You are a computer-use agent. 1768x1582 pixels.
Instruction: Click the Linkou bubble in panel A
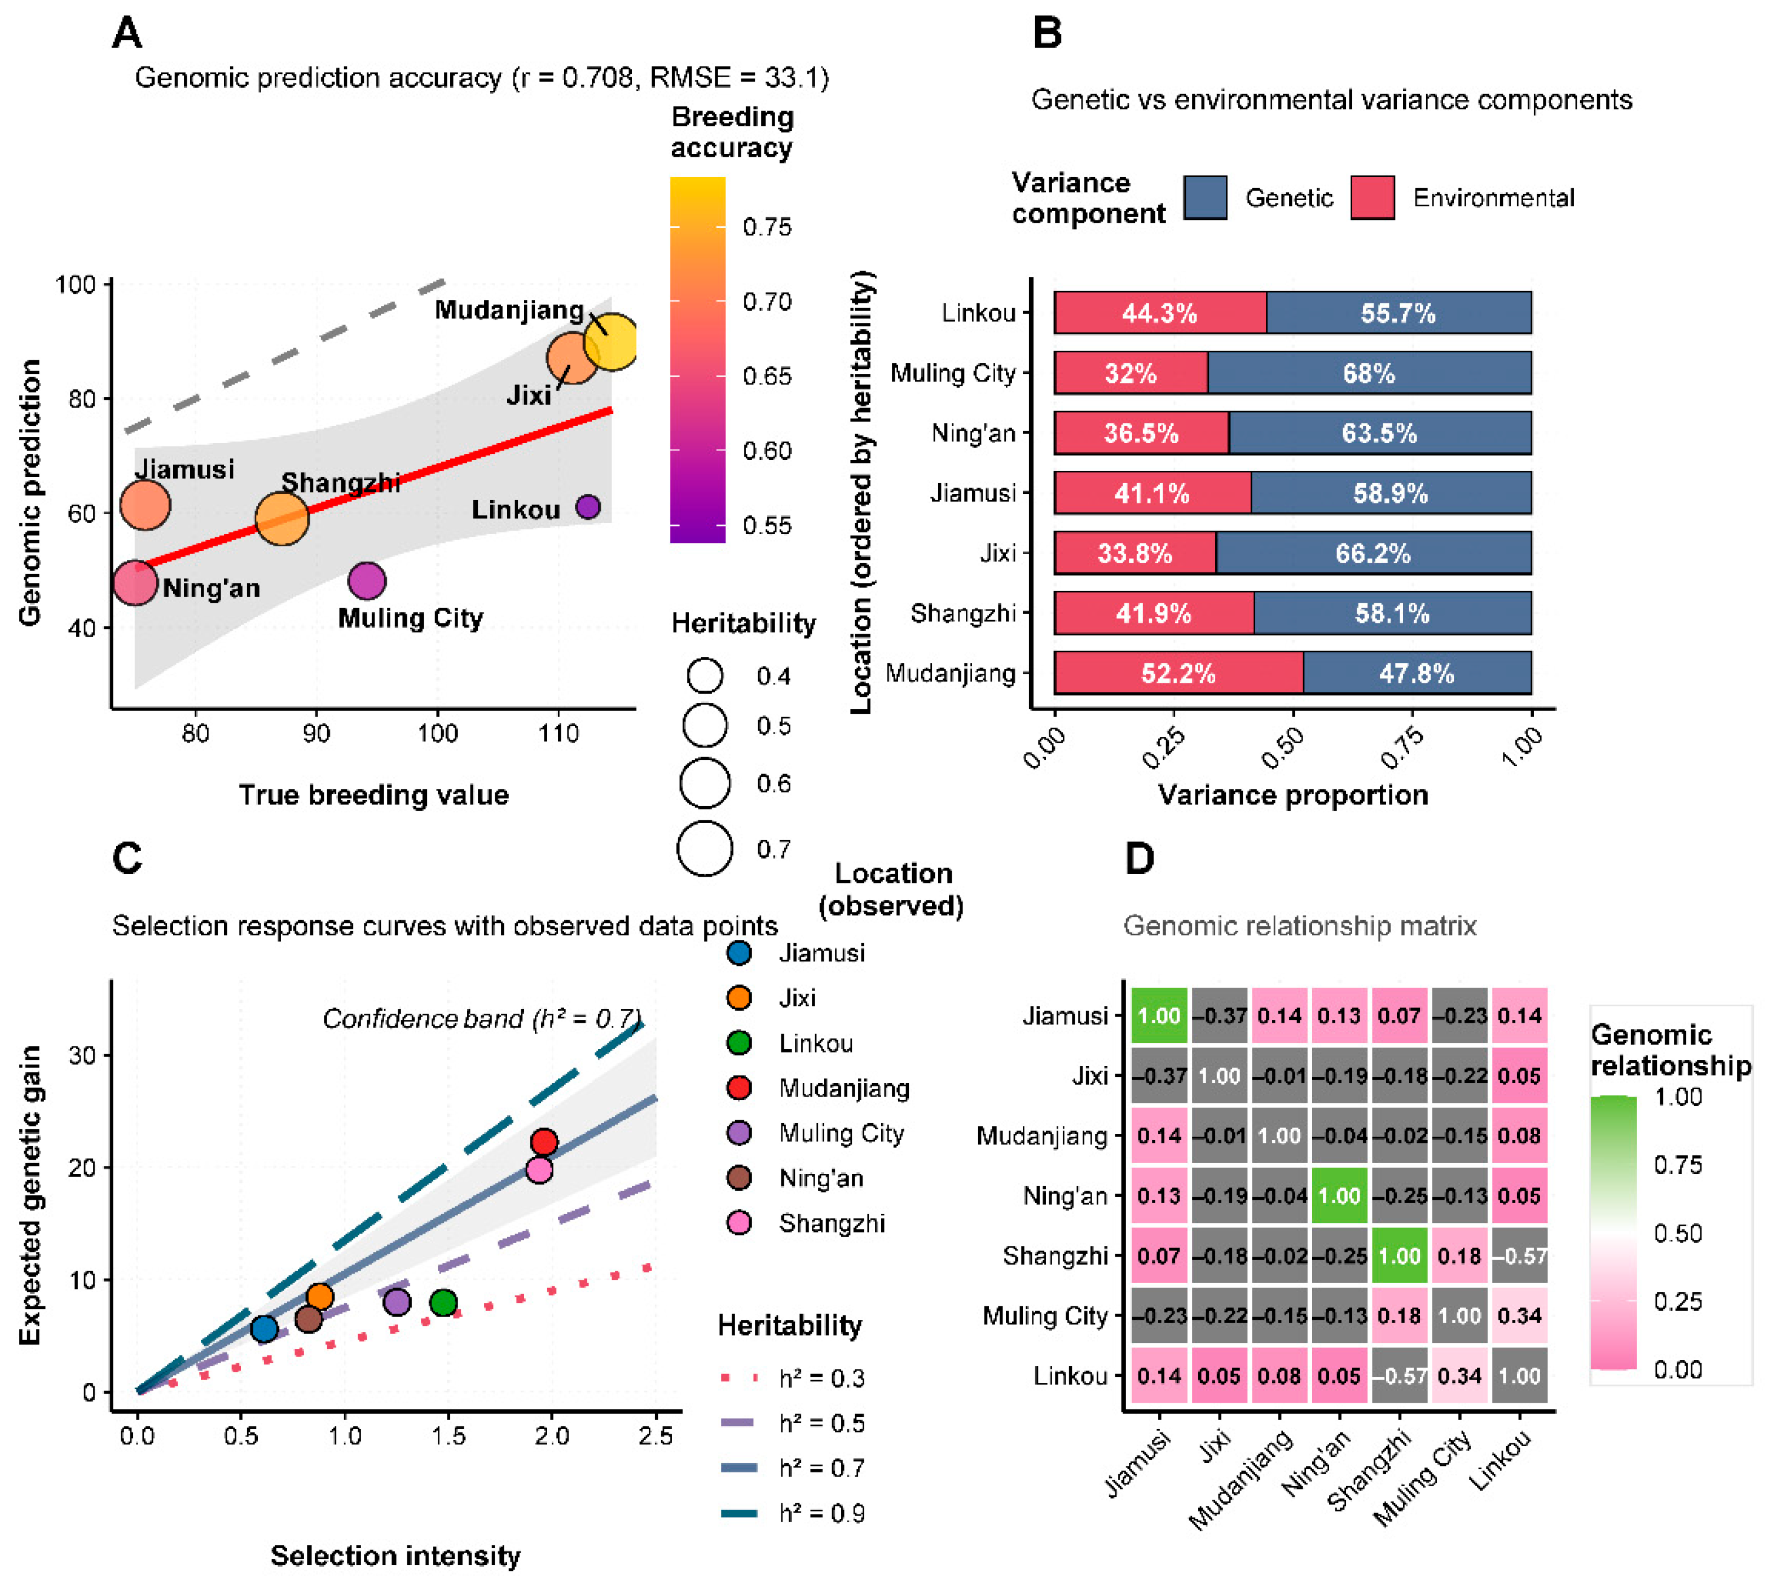588,507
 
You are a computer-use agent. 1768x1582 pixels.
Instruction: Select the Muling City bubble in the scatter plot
366,581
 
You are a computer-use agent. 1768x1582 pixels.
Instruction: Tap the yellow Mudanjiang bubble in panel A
612,342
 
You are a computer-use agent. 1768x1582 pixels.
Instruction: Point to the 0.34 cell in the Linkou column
1519,1315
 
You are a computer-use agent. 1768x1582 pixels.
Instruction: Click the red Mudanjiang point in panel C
543,1141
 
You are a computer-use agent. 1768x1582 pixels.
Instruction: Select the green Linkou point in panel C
443,1302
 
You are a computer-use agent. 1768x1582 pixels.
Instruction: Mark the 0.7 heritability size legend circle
705,849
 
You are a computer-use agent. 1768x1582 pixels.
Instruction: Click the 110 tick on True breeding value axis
558,733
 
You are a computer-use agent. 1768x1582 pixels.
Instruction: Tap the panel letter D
1139,859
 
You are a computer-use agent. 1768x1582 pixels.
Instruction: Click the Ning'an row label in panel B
973,433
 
